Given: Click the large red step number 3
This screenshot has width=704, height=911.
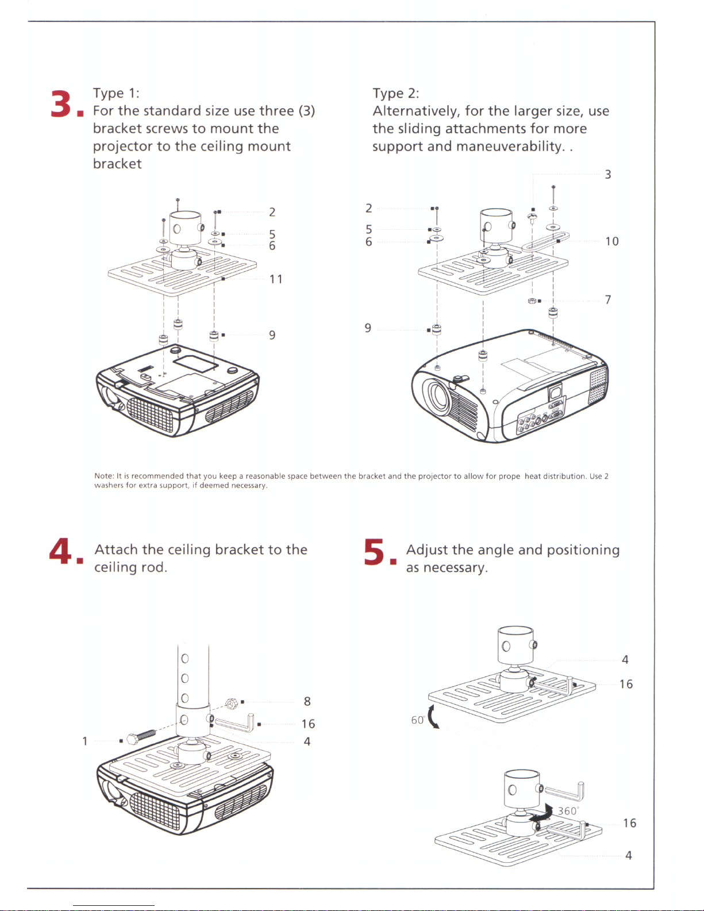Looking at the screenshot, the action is pos(61,104).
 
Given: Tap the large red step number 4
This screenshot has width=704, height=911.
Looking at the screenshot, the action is pos(60,551).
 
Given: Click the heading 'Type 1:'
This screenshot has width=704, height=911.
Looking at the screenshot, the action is pos(116,93).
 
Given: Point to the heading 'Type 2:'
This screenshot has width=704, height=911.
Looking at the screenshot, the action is pos(395,93).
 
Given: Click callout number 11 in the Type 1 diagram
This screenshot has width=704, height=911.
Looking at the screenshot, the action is pos(276,279).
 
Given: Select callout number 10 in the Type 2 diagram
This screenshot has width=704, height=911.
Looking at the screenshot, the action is pos(611,241).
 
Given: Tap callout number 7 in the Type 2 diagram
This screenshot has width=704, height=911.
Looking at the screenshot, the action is pos(607,299).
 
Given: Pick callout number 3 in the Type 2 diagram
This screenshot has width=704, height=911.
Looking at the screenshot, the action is pos(607,174).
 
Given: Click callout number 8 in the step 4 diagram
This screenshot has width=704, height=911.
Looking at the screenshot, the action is pos(307,701).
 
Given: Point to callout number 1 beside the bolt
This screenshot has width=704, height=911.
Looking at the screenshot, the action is pos(85,741).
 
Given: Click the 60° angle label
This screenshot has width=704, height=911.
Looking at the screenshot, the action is pos(418,720).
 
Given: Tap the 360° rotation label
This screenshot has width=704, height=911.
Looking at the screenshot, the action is pos(567,811).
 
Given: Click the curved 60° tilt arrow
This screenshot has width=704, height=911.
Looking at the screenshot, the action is pos(433,716).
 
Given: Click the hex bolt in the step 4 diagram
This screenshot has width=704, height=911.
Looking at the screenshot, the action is pos(141,736).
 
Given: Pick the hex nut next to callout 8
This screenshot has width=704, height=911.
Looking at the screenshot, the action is pos(232,703).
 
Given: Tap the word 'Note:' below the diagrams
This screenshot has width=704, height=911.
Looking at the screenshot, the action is pos(104,476).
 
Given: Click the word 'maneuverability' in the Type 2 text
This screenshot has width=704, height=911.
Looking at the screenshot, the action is pos(509,147).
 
